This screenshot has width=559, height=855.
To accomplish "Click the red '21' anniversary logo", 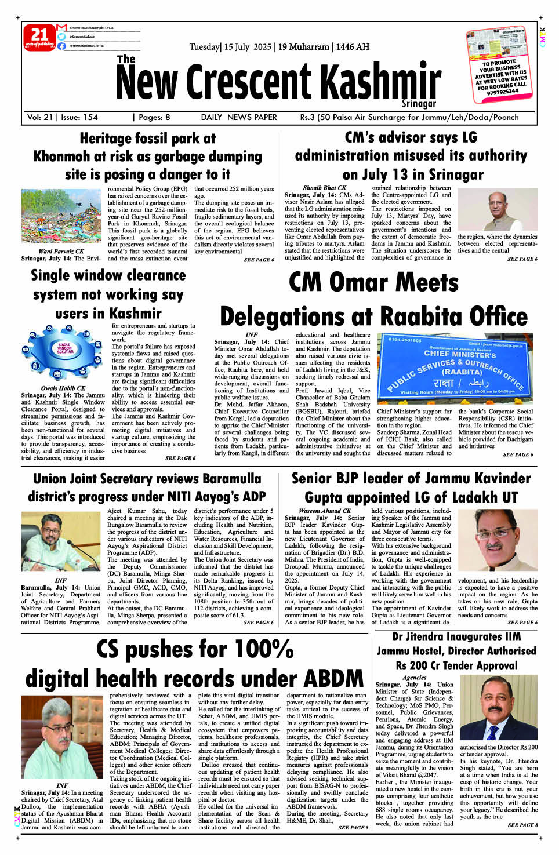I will point(39,37).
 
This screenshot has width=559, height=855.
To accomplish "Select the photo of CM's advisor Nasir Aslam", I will point(498,209).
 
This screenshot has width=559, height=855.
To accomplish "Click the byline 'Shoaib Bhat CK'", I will point(324,188).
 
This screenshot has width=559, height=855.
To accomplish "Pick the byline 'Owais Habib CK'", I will point(63,388).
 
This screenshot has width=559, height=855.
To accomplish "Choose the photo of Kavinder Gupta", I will point(498,540).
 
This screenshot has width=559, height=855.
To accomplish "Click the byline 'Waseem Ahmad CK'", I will point(325,511).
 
